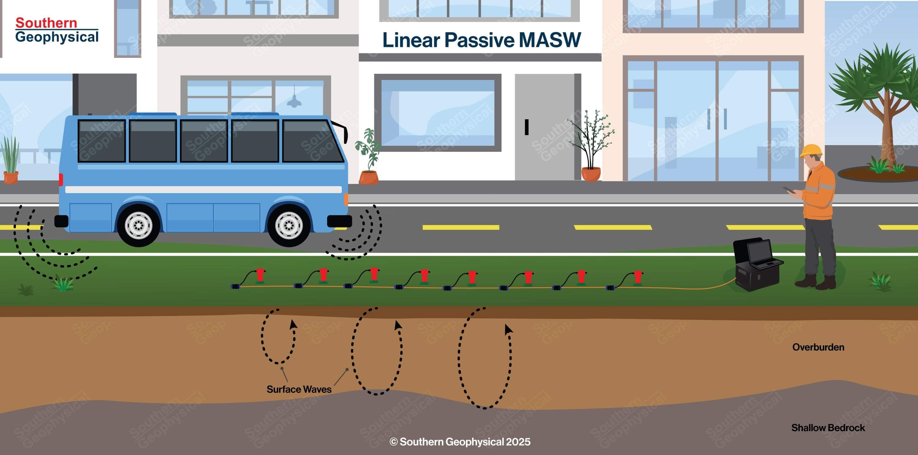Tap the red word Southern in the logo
point(46,23)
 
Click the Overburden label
point(818,347)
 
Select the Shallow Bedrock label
point(828,428)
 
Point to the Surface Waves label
point(299,389)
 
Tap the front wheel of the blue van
point(289,225)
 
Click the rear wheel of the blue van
point(138,225)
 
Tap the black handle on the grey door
point(526,127)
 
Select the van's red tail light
point(61,179)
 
